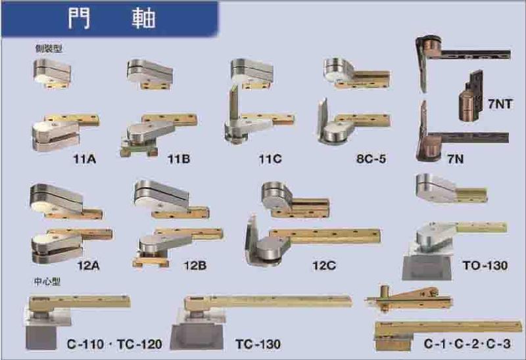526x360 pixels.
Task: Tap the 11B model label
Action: [x=179, y=158]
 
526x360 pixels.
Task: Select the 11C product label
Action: [x=270, y=158]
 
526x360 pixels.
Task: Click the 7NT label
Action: [x=501, y=103]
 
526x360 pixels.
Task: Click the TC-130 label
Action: [x=258, y=344]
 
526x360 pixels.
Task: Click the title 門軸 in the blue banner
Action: [x=111, y=18]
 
